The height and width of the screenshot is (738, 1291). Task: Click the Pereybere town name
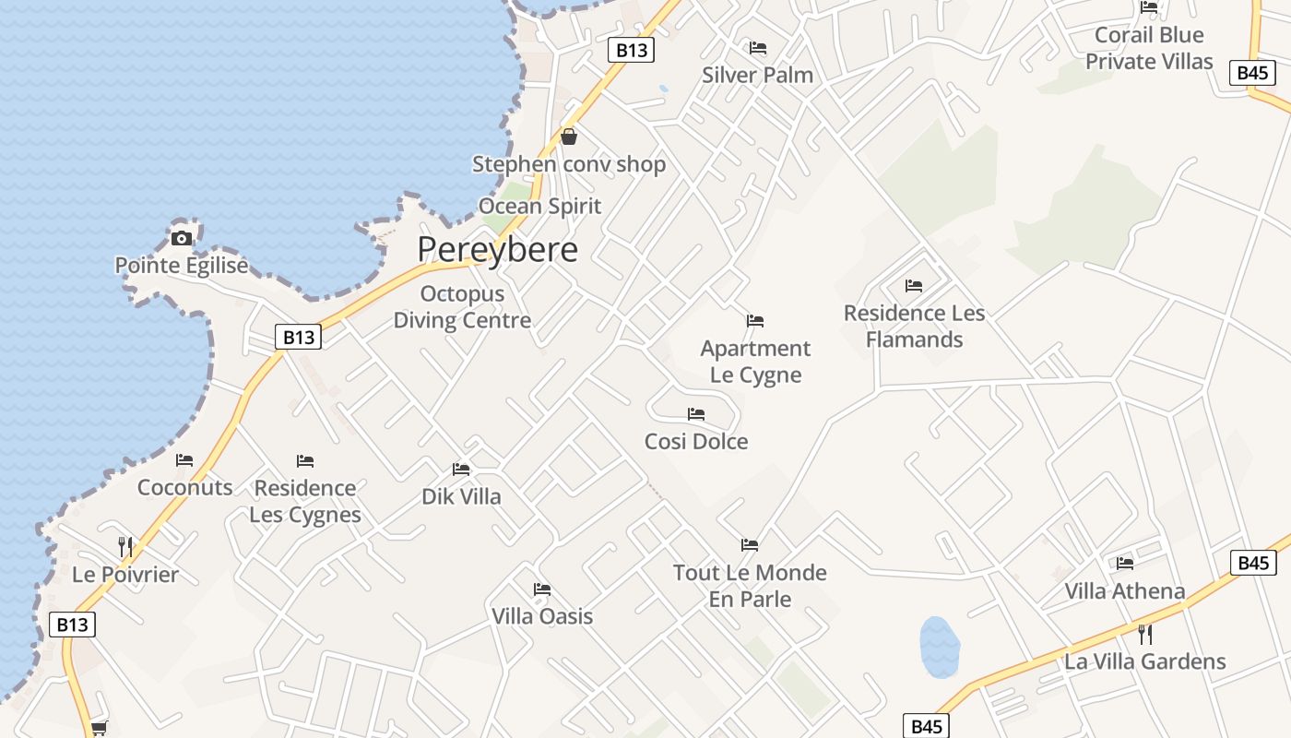497,249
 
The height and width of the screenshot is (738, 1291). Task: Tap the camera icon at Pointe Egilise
182,238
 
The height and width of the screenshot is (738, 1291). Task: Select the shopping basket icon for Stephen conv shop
569,137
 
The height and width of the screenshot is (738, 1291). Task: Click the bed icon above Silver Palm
758,48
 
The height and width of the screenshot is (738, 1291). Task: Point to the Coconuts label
184,487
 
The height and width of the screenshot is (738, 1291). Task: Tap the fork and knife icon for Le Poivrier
125,546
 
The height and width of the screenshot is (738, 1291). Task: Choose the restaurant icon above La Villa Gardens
1145,634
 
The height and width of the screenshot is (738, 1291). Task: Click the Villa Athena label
1124,590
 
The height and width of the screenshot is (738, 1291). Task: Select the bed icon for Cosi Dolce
696,414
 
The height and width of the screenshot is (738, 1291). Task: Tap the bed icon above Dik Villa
461,470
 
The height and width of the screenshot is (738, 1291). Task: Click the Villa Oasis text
542,616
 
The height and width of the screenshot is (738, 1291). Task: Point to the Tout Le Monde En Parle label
750,586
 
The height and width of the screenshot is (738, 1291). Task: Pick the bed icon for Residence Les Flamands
914,286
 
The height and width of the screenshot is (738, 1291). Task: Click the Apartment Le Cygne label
755,362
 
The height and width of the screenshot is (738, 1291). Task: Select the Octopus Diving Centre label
462,307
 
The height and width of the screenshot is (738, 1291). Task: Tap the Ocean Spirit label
539,207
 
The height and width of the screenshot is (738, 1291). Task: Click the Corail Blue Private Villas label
1149,48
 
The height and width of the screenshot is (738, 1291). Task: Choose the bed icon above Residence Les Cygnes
305,460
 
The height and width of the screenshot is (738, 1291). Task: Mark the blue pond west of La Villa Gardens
940,648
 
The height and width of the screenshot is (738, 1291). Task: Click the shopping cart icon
99,728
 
